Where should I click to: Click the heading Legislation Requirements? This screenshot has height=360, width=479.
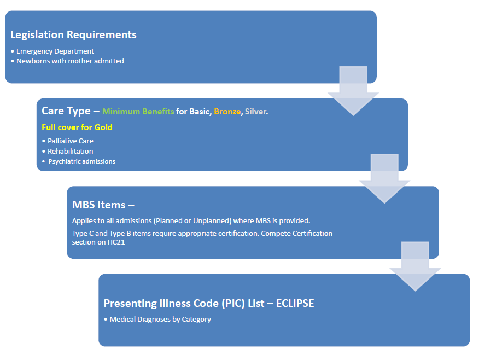73,35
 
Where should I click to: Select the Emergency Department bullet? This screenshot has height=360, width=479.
55,51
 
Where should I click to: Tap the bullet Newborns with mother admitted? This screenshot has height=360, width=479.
70,61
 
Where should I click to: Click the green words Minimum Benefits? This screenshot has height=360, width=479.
138,112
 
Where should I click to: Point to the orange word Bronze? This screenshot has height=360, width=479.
226,112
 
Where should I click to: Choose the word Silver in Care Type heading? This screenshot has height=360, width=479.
256,112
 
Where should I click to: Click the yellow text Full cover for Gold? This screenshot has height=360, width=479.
77,127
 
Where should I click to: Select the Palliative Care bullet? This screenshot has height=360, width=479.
70,141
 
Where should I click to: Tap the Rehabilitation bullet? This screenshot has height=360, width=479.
70,151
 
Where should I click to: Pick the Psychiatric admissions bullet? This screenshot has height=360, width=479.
81,161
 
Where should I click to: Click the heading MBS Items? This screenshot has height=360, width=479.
103,205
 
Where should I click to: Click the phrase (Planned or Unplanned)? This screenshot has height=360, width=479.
189,221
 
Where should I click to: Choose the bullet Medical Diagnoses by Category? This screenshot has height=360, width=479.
160,319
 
